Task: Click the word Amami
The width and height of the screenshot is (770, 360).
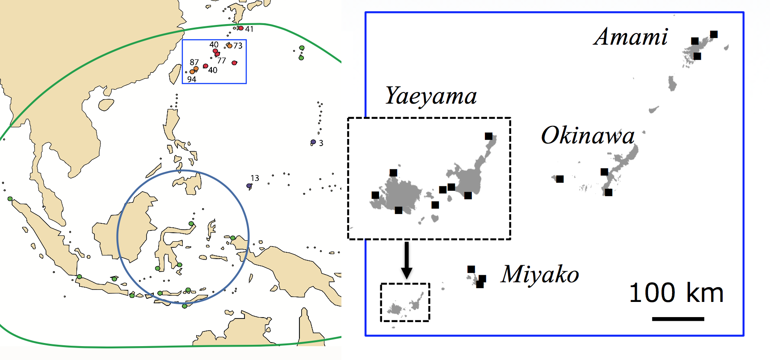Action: point(631,37)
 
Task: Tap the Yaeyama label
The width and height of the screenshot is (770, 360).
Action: point(431,96)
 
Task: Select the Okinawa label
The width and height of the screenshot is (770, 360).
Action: point(588,135)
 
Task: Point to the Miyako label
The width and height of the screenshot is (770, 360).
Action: point(540,274)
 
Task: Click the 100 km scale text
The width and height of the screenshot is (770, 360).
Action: point(676,293)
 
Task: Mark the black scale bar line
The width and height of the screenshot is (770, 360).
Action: point(678,319)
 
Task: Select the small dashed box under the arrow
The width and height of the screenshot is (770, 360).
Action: point(405,302)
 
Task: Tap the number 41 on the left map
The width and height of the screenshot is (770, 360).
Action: point(249,29)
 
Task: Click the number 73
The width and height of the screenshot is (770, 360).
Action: point(238,46)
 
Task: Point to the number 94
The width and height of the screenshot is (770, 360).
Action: point(192,80)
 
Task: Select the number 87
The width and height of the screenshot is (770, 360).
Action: point(194,62)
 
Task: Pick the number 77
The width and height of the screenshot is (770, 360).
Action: point(222,61)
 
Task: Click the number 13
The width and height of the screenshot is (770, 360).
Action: point(255,178)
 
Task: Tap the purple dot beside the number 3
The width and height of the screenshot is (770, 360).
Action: point(313,142)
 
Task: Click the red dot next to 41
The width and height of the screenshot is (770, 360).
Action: point(241,28)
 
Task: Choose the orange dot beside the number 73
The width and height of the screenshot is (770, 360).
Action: point(230,46)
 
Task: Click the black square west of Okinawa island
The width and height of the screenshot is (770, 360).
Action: point(560,179)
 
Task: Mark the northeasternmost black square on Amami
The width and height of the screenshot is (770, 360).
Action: point(714,34)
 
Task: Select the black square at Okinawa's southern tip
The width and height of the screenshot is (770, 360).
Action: point(608,193)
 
